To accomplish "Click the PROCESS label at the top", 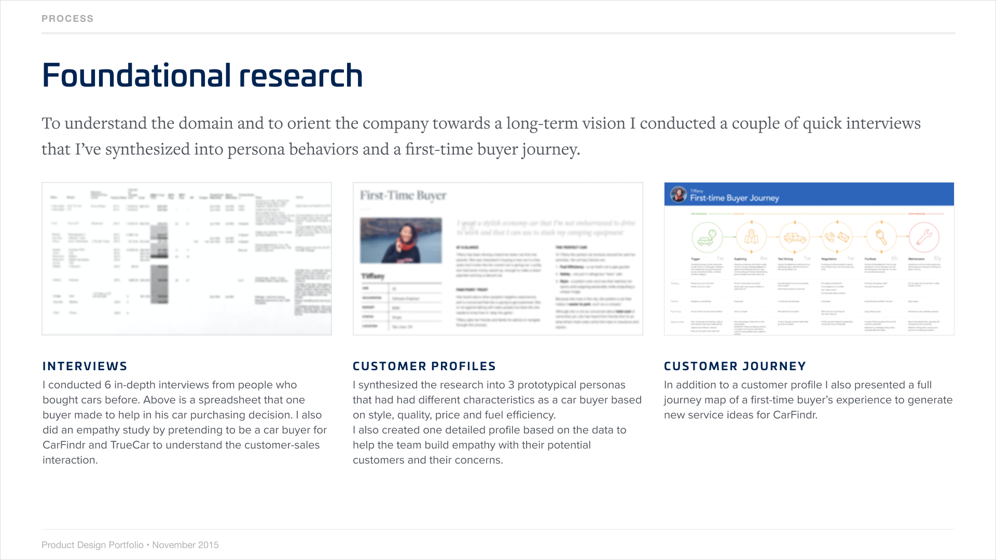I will coord(67,19).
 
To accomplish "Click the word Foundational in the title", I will coord(136,76).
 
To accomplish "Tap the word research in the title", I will coord(301,76).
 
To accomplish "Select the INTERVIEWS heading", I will coord(85,366).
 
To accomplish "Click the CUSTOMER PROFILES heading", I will coord(424,366).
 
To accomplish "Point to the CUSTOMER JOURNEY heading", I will coord(735,366).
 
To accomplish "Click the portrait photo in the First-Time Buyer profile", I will coord(401,240).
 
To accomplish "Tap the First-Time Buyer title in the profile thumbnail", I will coord(403,195).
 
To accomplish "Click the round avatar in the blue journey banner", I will coord(678,194).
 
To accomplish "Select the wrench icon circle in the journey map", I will coord(924,237).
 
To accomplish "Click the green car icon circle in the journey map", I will coord(707,237).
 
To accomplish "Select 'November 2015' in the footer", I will coord(185,545).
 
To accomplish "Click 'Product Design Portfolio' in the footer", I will coord(92,545).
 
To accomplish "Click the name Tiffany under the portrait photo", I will coord(373,276).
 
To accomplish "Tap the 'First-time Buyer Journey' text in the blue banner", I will coord(735,198).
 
